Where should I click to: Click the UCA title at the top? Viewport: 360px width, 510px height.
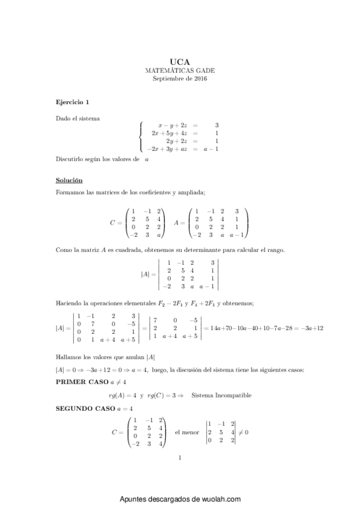[180, 61]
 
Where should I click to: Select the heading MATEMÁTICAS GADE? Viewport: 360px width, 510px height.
[180, 70]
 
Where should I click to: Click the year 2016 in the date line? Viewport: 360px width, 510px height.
[200, 79]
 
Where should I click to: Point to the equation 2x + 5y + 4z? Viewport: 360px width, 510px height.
[170, 133]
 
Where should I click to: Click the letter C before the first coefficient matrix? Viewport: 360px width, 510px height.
[112, 223]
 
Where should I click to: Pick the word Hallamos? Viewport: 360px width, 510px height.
[69, 356]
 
